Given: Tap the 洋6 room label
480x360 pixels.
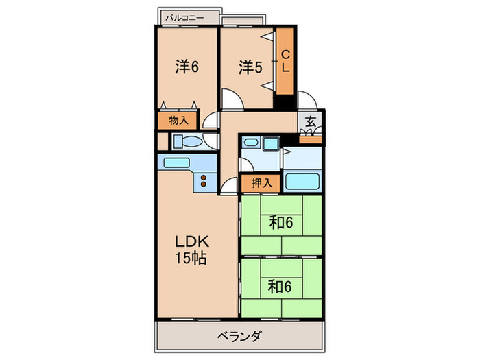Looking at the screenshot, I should (x=186, y=67).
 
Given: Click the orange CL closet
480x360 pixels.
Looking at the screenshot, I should (x=285, y=62).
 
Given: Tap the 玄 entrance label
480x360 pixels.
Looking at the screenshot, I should (x=311, y=121).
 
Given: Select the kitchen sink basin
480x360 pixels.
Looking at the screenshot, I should (x=176, y=164).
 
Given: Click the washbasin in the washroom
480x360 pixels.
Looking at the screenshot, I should (x=251, y=144).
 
